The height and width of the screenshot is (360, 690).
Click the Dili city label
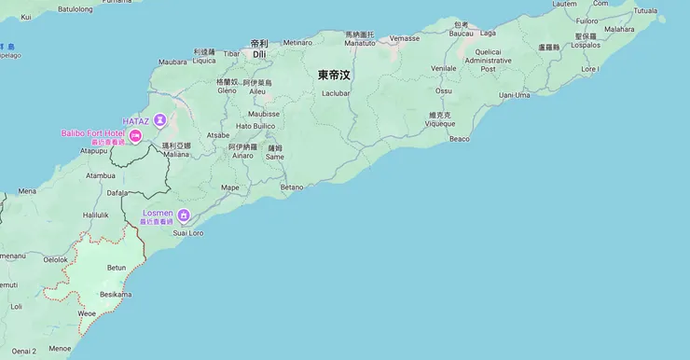259,54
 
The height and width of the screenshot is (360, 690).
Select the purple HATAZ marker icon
160,119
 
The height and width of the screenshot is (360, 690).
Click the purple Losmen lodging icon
184,215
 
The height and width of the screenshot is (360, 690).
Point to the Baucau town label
462,34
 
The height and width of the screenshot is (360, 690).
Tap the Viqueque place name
440,123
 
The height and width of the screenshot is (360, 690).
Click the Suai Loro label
188,232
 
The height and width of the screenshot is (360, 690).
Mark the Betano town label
292,187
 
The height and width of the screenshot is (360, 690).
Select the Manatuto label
359,43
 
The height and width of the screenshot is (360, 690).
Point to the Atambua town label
101,174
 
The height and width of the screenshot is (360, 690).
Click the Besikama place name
116,295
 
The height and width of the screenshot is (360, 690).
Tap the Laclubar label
336,94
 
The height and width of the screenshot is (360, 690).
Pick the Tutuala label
644,10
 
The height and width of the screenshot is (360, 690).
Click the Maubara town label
172,62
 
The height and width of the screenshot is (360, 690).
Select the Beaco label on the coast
460,139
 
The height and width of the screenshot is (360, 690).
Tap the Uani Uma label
515,95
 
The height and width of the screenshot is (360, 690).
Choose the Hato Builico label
255,126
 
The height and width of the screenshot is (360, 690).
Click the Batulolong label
76,8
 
